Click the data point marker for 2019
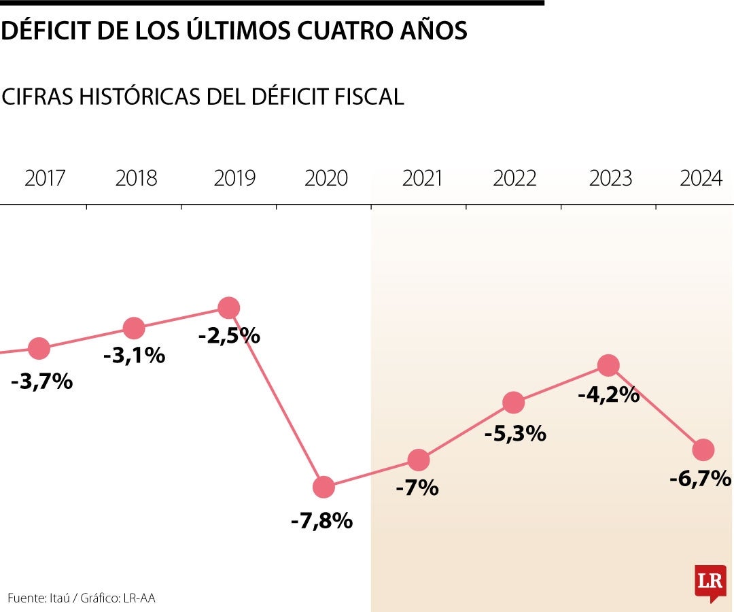coord(229,308)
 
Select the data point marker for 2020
coord(324,487)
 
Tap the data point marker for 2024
coord(703,449)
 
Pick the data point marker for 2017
coord(39,348)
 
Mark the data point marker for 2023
coord(608,365)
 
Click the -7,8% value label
coord(321,522)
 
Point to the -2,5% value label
coord(229,336)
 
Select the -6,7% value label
coord(700,479)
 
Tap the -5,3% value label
coord(515,434)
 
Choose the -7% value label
coord(417,488)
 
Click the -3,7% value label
coord(41,381)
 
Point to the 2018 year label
coord(136,179)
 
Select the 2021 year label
coord(422,179)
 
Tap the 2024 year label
coord(701,179)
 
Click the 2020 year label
coord(326,179)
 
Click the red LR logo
coord(710,582)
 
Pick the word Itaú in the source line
coord(63,598)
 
